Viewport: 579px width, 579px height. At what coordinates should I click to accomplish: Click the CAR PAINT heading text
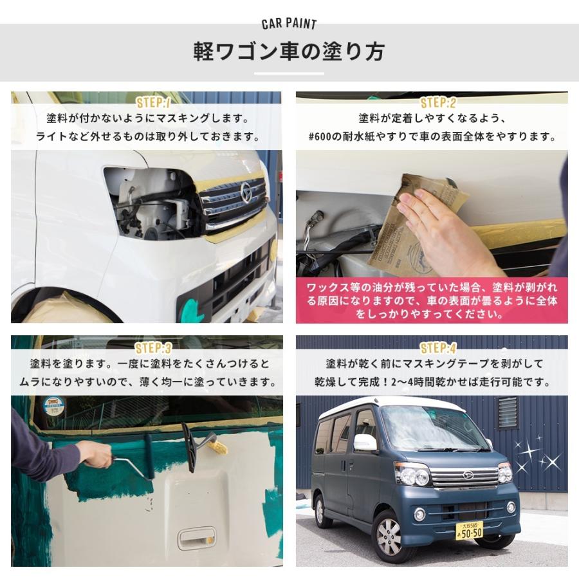289,24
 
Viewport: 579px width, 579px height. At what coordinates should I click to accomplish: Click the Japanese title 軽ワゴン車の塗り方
289,51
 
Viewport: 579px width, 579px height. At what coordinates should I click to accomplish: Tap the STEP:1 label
153,102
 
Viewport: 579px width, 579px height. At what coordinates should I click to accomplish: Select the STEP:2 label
437,102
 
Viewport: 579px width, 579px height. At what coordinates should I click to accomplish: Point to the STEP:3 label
153,348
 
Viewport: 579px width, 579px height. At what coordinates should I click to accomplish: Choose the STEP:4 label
437,348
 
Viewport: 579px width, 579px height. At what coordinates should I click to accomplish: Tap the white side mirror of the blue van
365,443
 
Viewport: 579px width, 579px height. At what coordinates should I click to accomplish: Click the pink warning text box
432,300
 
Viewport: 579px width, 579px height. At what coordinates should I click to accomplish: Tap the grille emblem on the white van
246,190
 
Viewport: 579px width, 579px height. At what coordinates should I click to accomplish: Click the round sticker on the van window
53,406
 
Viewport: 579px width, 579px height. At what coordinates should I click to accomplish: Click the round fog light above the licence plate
419,514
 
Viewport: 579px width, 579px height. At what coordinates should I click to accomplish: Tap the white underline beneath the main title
289,73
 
